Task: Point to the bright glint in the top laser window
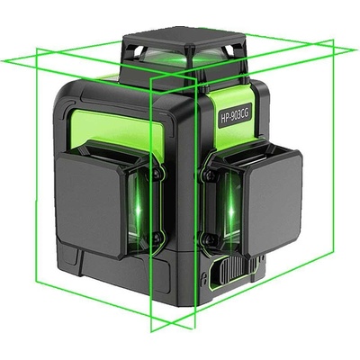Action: (x=182, y=61)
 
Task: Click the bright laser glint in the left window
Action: (x=138, y=209)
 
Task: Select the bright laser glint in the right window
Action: (x=231, y=209)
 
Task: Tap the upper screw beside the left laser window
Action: (x=157, y=174)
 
